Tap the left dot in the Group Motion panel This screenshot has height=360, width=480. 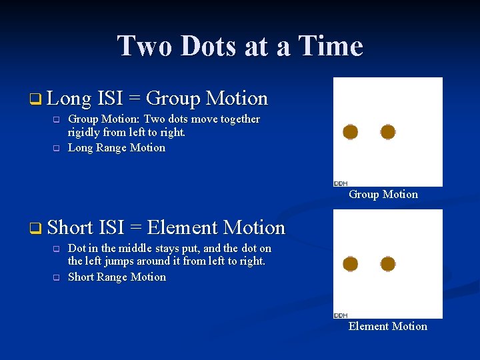[x=351, y=132]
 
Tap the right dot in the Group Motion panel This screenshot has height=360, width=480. [x=388, y=132]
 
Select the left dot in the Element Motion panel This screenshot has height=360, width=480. [x=351, y=264]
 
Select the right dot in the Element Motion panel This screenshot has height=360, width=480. [x=388, y=264]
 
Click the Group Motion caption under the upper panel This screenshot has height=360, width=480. [x=383, y=195]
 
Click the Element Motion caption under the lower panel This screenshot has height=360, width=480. [x=387, y=326]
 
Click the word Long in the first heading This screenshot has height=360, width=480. [x=69, y=99]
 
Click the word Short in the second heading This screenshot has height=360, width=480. [x=70, y=228]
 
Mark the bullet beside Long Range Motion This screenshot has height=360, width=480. [x=57, y=149]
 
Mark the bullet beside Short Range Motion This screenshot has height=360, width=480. [x=57, y=278]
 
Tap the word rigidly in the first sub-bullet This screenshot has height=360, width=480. [x=85, y=133]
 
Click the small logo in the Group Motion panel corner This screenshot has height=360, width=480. [x=340, y=183]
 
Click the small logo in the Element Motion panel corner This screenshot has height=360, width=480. [x=340, y=315]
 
